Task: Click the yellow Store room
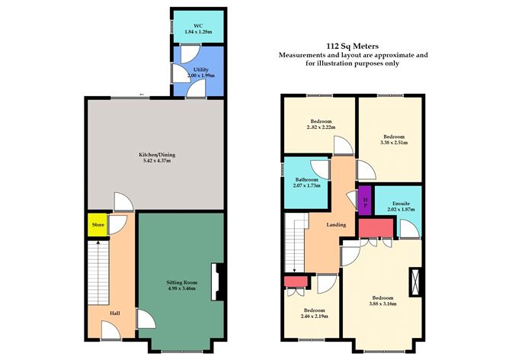[x=98, y=224]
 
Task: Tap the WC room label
[x=198, y=26]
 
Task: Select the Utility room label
[x=201, y=69]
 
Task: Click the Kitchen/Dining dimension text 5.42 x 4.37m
[x=157, y=160]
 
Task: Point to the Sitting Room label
[x=182, y=282]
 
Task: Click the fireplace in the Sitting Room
[x=217, y=281]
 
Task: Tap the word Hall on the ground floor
[x=114, y=313]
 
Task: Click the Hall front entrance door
[x=111, y=330]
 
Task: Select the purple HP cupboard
[x=365, y=200]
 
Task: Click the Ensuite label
[x=401, y=204]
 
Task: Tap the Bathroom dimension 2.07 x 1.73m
[x=306, y=186]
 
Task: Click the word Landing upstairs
[x=336, y=224]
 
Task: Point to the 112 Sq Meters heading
[x=353, y=46]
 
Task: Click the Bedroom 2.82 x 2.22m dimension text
[x=321, y=127]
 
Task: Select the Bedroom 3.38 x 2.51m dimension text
[x=394, y=143]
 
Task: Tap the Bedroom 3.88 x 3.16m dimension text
[x=383, y=304]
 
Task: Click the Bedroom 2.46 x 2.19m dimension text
[x=314, y=316]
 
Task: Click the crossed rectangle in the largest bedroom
[x=415, y=282]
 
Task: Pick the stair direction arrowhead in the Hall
[x=98, y=242]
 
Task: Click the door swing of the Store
[x=117, y=225]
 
